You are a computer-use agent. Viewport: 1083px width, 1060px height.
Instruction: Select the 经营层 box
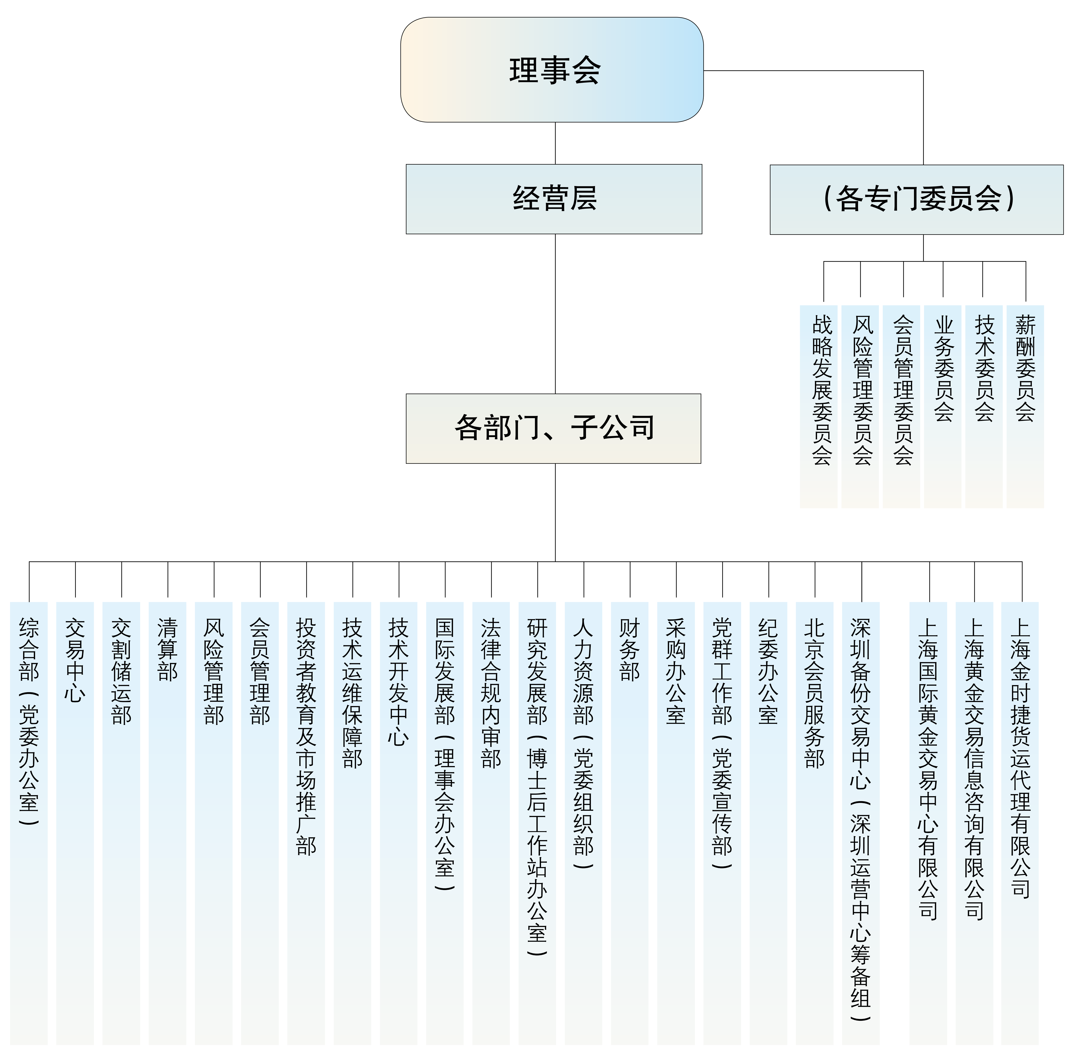point(554,199)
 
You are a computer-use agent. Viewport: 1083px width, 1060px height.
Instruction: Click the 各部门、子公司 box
point(553,429)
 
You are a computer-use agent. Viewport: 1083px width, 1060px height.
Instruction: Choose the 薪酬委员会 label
point(1025,368)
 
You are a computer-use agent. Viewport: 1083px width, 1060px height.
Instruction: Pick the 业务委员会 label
point(944,368)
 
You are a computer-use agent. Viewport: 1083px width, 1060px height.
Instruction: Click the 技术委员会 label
point(985,368)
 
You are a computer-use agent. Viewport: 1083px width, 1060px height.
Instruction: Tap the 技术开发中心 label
point(398,682)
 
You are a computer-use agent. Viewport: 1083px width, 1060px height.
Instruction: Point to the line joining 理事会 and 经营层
point(555,143)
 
